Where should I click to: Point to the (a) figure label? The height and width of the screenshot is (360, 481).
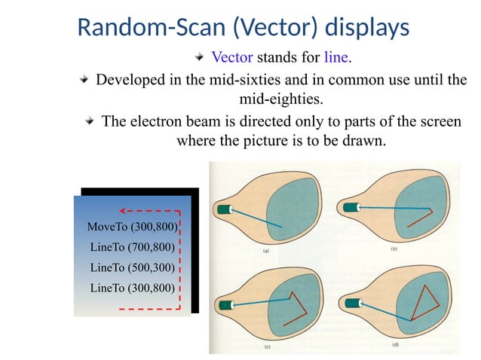click(267, 249)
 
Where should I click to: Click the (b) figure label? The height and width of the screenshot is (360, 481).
click(394, 249)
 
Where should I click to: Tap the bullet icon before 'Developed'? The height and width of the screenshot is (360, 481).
click(87, 79)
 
